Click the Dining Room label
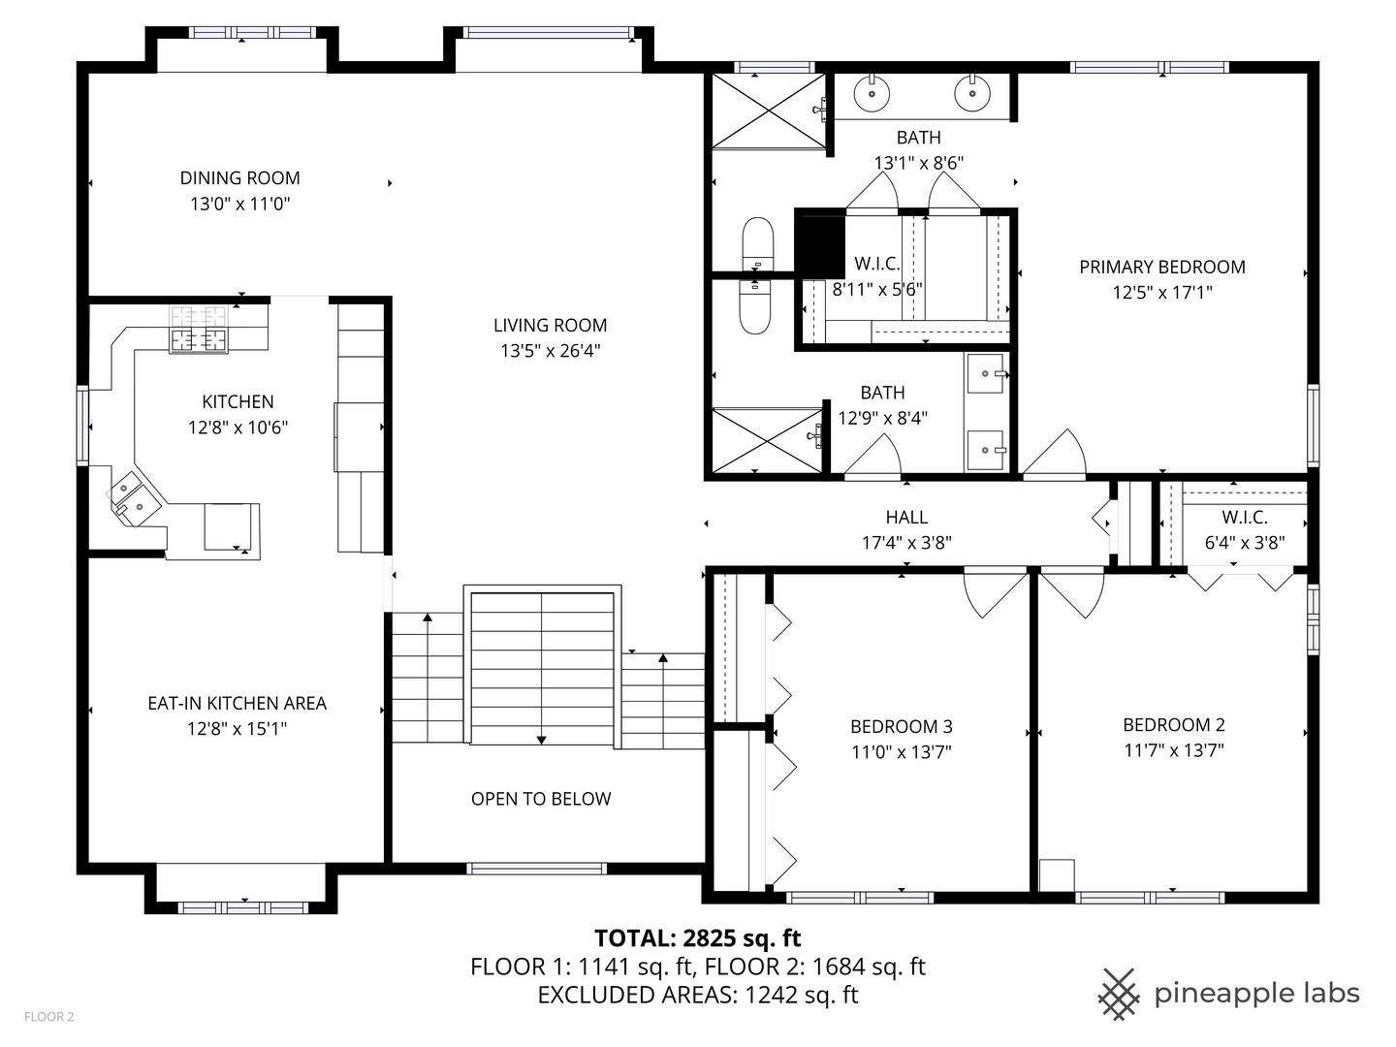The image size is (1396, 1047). click(239, 177)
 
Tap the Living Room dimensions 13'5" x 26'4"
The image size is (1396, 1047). click(550, 351)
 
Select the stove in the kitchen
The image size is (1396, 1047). click(200, 330)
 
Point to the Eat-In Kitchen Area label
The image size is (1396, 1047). click(237, 703)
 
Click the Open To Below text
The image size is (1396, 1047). click(541, 799)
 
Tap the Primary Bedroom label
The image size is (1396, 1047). click(1162, 267)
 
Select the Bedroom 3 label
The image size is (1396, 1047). click(901, 726)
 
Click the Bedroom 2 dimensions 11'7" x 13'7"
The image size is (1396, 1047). click(1173, 749)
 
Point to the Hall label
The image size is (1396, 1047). click(906, 518)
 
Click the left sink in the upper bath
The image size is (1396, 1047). click(872, 94)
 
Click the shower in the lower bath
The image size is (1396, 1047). click(766, 441)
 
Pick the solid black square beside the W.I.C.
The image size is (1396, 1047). click(818, 243)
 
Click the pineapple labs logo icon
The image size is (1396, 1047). click(1119, 994)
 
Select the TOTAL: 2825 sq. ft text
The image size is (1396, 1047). click(697, 937)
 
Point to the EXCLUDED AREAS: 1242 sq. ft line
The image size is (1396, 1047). click(697, 995)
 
